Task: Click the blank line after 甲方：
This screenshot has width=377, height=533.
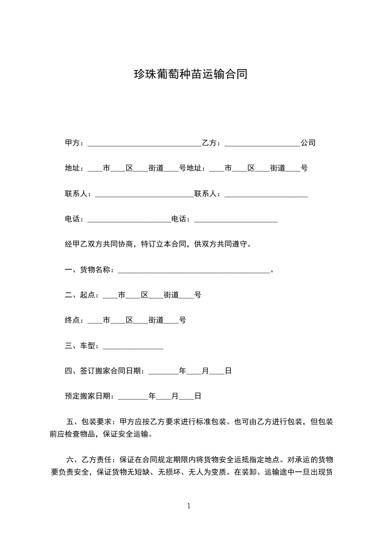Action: [x=144, y=143]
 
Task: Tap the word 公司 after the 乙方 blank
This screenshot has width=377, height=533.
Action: [x=308, y=143]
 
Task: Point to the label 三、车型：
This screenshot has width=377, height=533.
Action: [x=83, y=346]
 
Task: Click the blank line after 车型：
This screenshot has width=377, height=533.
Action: [x=133, y=347]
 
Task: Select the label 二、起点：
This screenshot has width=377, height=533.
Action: [x=83, y=295]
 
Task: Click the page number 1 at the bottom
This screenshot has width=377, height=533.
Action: [x=189, y=506]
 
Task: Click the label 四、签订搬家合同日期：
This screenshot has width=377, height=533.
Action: [x=106, y=371]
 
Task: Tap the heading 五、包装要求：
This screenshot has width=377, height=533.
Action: [x=90, y=421]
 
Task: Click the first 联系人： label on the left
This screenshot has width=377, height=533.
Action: [x=80, y=194]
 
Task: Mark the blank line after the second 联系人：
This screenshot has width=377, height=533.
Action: [x=266, y=194]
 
